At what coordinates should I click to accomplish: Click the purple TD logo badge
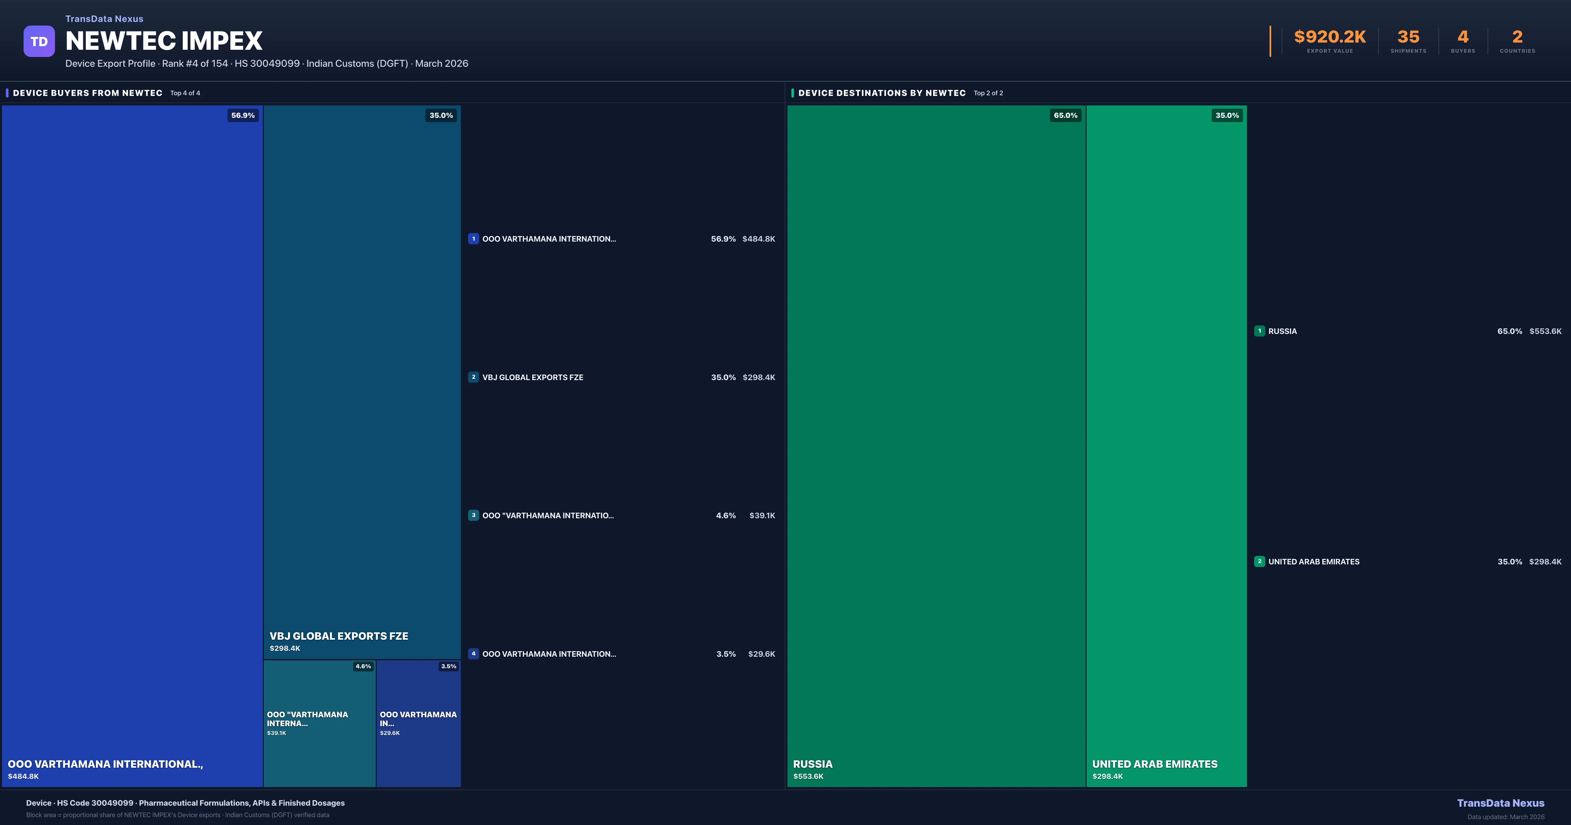[x=39, y=42]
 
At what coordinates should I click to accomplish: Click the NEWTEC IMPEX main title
[x=163, y=41]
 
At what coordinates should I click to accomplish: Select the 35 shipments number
[x=1408, y=37]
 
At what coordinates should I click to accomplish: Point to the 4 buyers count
[x=1462, y=37]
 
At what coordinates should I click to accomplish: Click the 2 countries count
[x=1517, y=37]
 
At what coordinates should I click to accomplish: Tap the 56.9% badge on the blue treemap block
[x=243, y=115]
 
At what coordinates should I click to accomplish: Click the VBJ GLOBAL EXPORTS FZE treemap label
[x=339, y=636]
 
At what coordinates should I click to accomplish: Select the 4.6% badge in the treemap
[x=363, y=666]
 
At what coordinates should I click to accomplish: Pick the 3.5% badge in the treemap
[x=448, y=666]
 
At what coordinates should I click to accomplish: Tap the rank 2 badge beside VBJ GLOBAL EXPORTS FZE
[x=473, y=377]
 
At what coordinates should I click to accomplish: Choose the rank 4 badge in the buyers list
[x=473, y=653]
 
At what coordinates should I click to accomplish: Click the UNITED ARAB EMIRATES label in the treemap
[x=1154, y=764]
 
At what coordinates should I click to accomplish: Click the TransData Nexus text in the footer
[x=1500, y=803]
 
